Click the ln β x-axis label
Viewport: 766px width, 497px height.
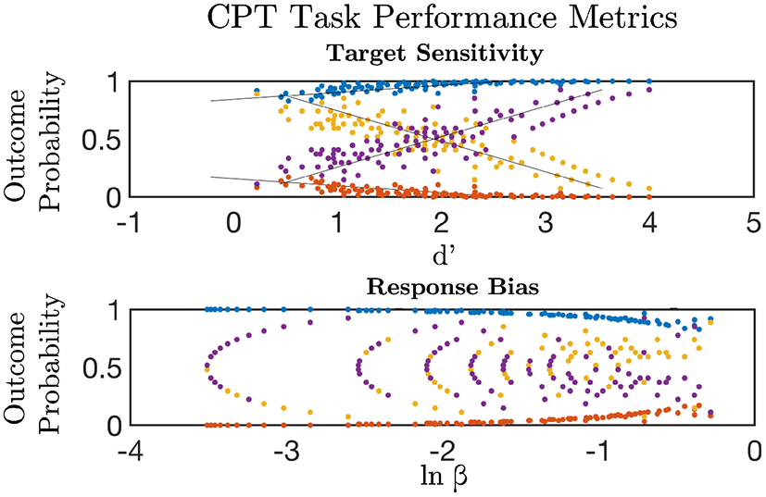click(x=442, y=478)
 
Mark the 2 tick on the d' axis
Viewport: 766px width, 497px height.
click(x=442, y=223)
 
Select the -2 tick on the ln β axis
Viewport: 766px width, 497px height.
click(x=441, y=453)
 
